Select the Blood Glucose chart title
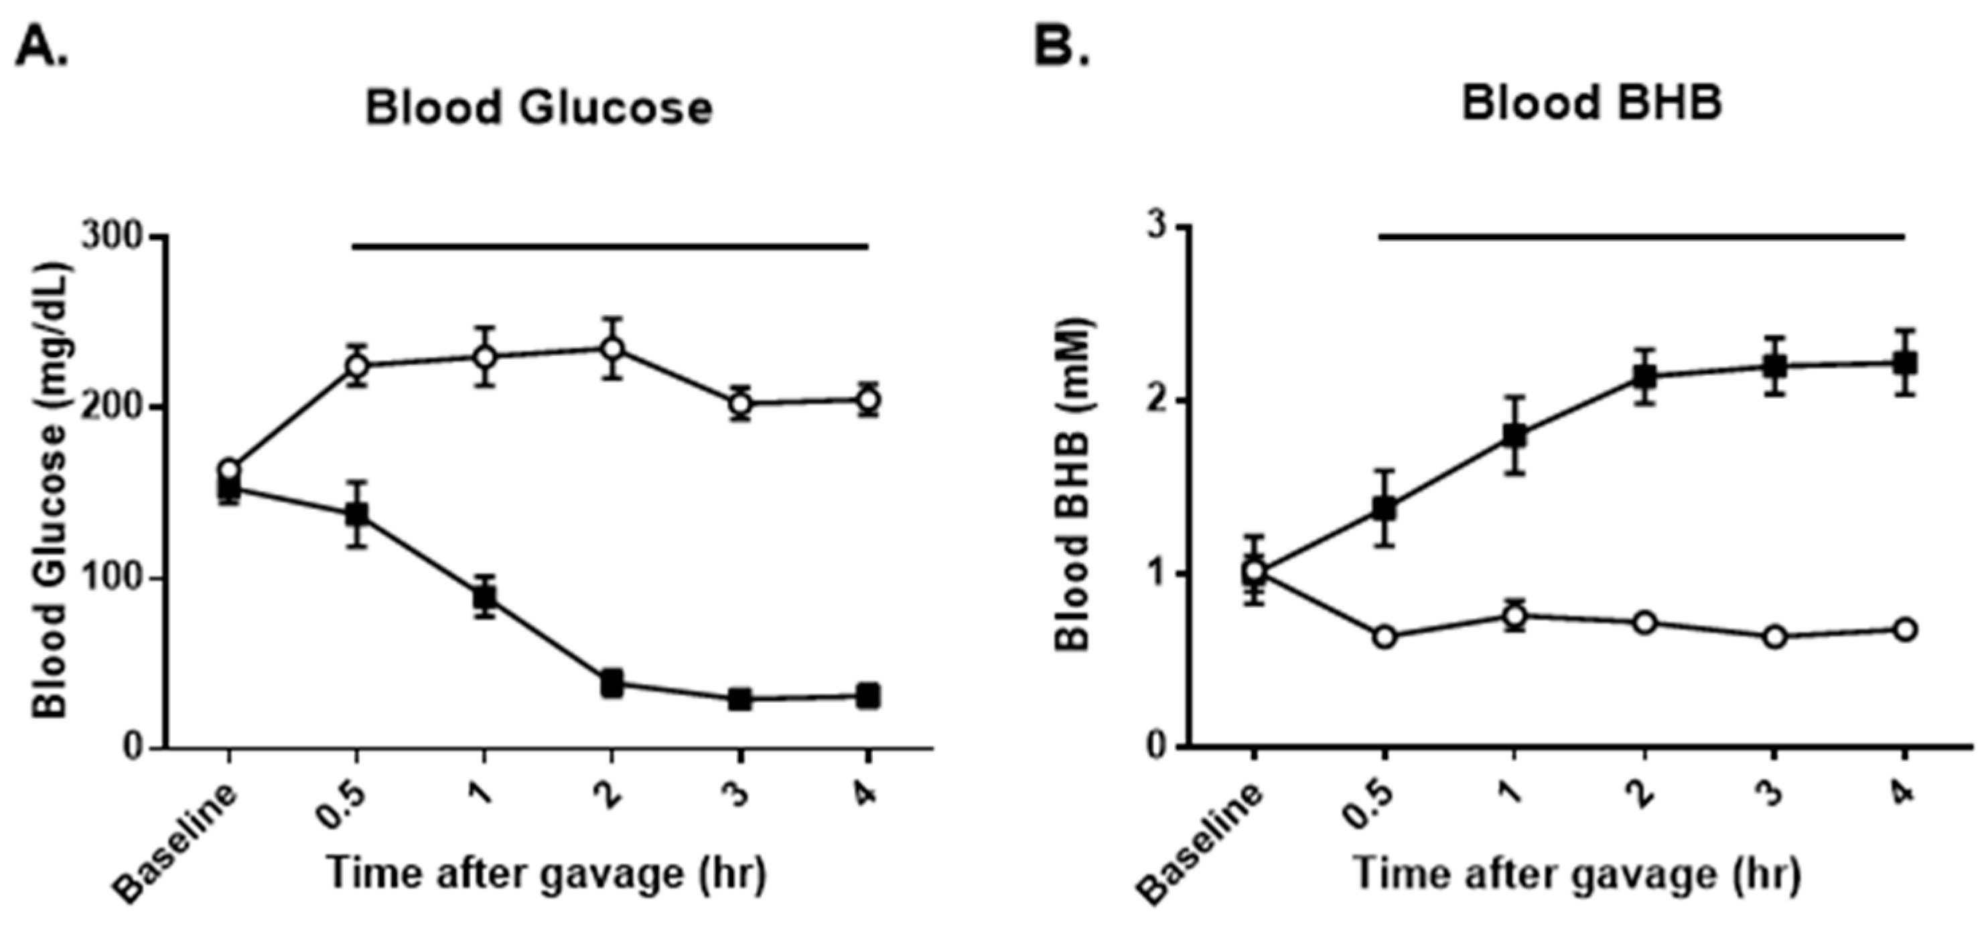(539, 107)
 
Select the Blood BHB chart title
(1591, 103)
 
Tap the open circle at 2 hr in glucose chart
(612, 348)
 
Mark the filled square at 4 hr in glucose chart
(868, 695)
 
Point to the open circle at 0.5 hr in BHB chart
(1384, 637)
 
